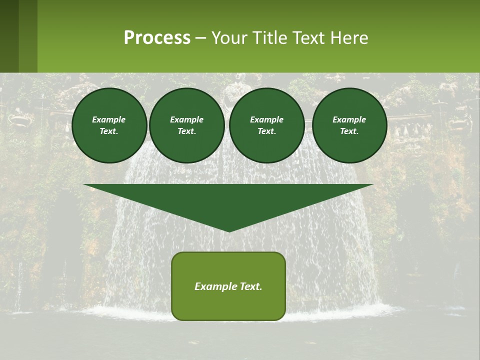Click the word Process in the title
(157, 38)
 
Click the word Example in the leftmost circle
(109, 119)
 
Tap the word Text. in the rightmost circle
(349, 131)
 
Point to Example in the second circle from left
(186, 119)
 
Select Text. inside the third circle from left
(266, 131)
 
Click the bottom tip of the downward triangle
(229, 230)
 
